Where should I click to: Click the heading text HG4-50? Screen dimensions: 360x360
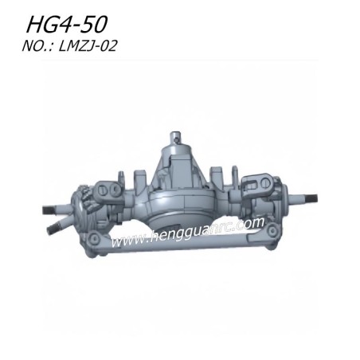pos(67,25)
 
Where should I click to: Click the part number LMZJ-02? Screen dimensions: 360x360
pos(88,45)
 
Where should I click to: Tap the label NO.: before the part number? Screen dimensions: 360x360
pos(38,45)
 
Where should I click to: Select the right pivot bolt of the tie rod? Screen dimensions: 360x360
pos(272,230)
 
